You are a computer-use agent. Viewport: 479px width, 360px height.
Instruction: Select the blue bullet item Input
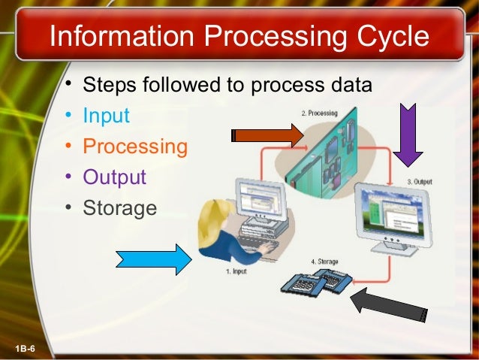tap(106, 116)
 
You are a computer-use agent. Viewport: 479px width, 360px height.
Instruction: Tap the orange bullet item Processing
tap(135, 147)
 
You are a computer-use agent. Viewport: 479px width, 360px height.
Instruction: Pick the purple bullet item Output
tap(114, 177)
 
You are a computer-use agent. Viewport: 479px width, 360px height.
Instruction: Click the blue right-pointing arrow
tap(154, 259)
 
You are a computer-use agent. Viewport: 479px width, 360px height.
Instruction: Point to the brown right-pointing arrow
tap(267, 136)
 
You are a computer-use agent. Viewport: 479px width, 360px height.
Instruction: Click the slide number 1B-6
tap(29, 346)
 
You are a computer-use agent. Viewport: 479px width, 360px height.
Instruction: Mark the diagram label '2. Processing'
tap(319, 112)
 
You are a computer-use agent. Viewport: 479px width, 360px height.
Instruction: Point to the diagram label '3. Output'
tap(420, 181)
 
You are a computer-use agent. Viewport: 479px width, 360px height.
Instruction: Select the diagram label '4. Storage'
tap(324, 261)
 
